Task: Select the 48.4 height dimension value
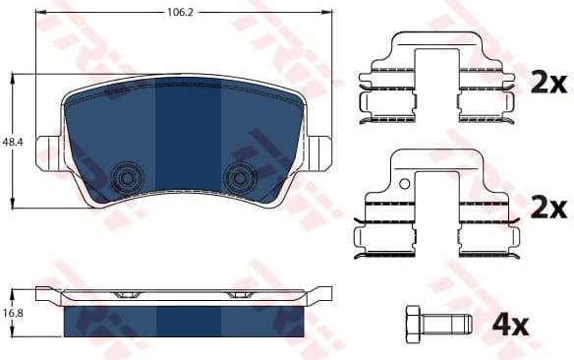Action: click(12, 143)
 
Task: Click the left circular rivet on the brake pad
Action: click(126, 177)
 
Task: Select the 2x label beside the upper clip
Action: click(547, 84)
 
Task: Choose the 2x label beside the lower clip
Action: click(547, 207)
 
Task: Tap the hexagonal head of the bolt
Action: click(415, 322)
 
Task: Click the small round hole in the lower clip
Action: click(402, 182)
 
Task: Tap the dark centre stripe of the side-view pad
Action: click(188, 321)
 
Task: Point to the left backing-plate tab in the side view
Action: click(47, 293)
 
